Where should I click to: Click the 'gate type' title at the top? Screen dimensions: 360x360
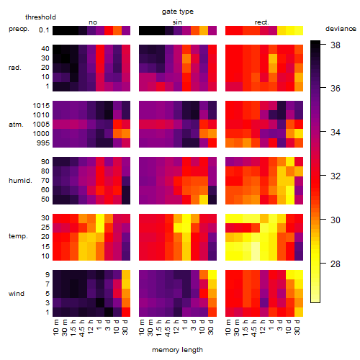tap(178, 12)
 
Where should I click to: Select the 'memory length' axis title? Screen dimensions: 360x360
tap(178, 350)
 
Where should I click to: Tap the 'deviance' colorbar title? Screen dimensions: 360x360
tap(341, 29)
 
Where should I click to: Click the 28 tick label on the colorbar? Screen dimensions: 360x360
tap(336, 264)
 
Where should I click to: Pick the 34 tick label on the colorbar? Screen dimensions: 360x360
tap(336, 132)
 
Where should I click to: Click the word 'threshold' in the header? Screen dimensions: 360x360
tap(40, 17)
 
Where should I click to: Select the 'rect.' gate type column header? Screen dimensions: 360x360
tap(262, 22)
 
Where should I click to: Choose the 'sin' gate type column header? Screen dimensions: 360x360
tap(177, 22)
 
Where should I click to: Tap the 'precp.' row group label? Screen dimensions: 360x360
tap(19, 30)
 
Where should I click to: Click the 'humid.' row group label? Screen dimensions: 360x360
tap(20, 180)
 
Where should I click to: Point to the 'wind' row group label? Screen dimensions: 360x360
tap(17, 294)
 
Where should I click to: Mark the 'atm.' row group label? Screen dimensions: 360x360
tap(16, 125)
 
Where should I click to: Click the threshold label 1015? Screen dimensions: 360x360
tap(41, 106)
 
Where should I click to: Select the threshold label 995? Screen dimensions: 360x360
tap(43, 143)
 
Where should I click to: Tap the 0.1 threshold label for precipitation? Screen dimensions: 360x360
tap(44, 30)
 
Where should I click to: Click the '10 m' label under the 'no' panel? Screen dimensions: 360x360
tap(55, 327)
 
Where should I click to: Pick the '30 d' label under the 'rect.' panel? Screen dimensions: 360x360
tap(297, 327)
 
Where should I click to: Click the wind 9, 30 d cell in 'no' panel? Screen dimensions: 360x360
tap(126, 274)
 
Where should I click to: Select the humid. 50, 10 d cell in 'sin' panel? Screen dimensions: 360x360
tap(204, 199)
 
